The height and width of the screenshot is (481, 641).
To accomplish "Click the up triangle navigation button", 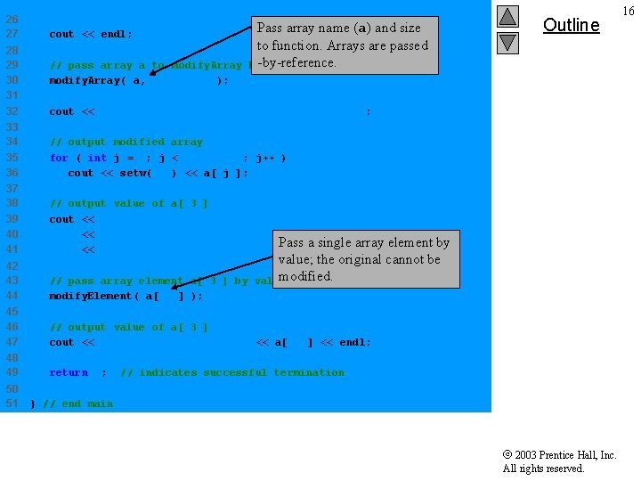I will point(507,17).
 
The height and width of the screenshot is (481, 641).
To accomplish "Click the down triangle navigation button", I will point(507,41).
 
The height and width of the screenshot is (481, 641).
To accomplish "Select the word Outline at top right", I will point(571,25).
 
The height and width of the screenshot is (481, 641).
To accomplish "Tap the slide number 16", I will point(629,11).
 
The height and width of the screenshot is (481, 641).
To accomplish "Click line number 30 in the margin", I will point(12,80).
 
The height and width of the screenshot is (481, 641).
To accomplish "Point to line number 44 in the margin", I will point(12,296).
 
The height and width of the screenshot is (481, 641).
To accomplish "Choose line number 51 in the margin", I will point(12,404).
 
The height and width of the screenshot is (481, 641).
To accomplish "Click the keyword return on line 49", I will point(69,372).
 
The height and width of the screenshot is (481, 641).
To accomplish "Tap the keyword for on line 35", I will point(59,158).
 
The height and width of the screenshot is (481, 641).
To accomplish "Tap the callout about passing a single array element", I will point(364,259).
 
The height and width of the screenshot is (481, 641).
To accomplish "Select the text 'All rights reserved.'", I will point(543,469).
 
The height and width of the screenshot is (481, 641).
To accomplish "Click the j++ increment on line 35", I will point(265,158).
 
